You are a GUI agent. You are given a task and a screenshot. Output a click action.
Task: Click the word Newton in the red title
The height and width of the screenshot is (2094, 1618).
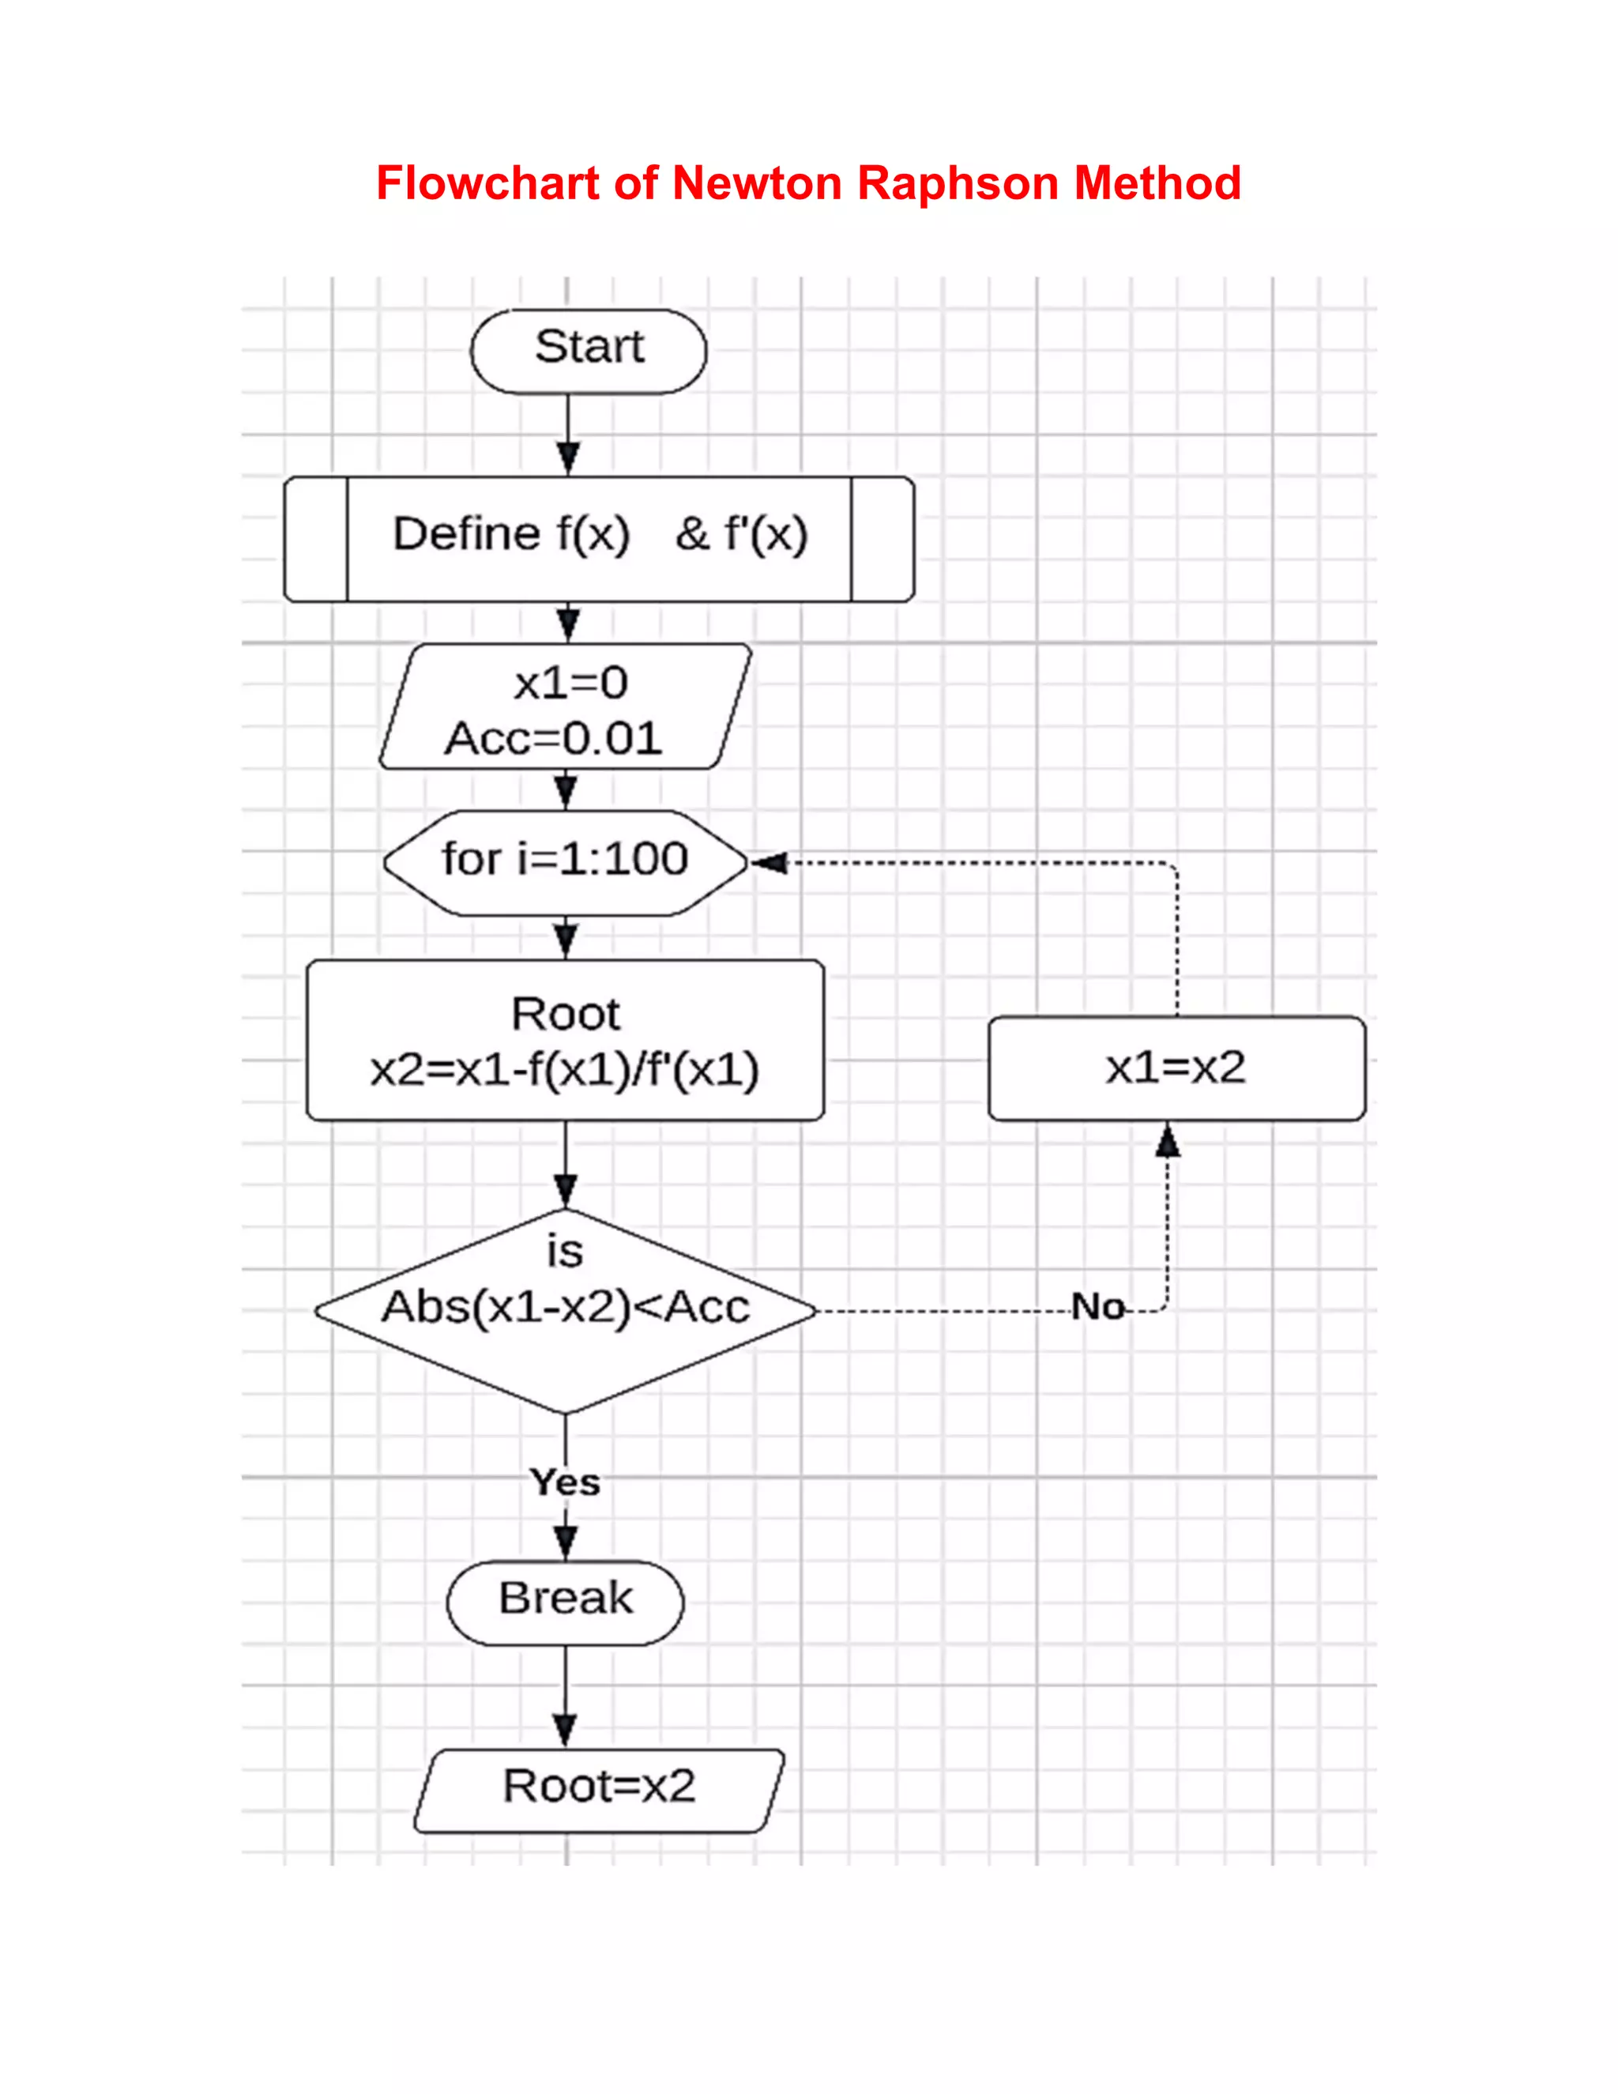tap(756, 183)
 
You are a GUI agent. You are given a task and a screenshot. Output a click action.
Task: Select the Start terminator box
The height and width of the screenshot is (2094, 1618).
tap(589, 350)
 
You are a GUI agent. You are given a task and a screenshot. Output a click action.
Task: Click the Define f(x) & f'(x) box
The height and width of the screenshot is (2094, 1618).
tap(599, 538)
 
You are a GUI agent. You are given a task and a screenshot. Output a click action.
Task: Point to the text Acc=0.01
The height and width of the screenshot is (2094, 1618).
tap(553, 738)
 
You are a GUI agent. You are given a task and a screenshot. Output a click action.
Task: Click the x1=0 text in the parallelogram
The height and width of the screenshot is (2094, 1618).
tap(570, 684)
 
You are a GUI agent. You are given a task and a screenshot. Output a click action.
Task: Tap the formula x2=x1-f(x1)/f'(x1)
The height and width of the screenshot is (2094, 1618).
tap(565, 1070)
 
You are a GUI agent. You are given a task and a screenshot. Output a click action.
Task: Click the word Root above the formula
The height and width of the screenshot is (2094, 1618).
tap(566, 1015)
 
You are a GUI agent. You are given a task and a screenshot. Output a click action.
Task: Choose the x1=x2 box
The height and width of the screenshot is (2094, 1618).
tap(1176, 1067)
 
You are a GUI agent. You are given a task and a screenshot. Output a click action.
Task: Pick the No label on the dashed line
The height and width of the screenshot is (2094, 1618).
tap(1097, 1307)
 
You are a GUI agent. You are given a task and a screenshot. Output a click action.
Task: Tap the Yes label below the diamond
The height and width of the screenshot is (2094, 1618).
tap(566, 1482)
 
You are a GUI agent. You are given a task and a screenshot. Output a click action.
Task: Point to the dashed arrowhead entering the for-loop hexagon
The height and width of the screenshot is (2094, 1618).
tap(769, 863)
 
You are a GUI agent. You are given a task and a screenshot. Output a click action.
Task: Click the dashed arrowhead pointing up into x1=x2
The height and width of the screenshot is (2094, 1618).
tap(1167, 1141)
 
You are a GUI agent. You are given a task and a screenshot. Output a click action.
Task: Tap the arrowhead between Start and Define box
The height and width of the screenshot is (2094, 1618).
tap(568, 458)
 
